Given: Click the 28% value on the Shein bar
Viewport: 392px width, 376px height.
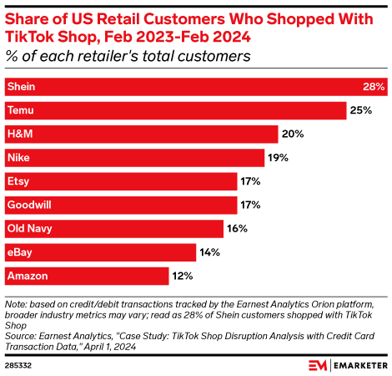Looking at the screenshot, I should pos(372,87).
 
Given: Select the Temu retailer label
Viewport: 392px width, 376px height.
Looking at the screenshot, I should pos(20,110).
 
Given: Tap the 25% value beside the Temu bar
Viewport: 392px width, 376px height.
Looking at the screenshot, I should pos(360,110).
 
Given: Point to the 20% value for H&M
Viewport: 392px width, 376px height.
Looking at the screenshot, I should pos(293,134).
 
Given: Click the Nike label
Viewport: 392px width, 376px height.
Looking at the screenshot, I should pos(18,157).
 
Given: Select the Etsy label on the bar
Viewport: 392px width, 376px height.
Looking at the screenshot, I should pos(18,180).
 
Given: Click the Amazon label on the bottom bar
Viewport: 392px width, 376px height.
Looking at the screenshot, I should pos(27,275).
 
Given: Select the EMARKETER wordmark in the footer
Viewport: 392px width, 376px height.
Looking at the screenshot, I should pos(359,365).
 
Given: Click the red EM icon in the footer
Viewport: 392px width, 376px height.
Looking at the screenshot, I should pos(317,365).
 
